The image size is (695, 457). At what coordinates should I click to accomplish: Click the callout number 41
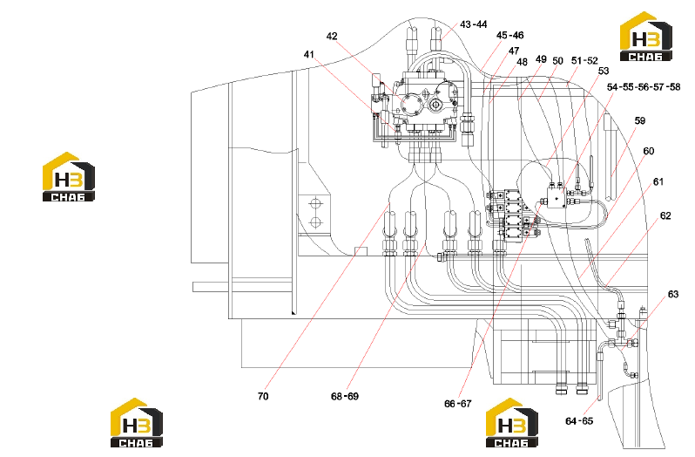tap(309, 55)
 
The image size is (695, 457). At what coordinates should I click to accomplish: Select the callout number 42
tap(332, 37)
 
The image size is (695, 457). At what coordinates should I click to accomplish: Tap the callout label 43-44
tap(474, 24)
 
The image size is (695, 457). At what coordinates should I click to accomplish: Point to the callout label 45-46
tap(509, 35)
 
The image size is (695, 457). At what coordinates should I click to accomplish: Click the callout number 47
tap(514, 51)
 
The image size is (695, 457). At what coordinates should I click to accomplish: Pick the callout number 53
tap(604, 71)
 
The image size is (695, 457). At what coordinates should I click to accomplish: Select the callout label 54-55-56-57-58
tap(643, 87)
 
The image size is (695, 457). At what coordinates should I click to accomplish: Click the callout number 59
tap(639, 120)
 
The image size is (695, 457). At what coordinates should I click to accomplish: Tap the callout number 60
tap(649, 151)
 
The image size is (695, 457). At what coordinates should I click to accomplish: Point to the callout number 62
tap(665, 215)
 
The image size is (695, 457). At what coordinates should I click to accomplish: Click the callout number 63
tap(673, 294)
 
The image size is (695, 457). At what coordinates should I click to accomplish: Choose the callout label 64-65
tap(579, 421)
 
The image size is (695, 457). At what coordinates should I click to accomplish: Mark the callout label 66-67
tap(458, 404)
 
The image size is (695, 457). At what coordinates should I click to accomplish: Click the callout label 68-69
tap(344, 396)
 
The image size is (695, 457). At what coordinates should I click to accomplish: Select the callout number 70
tap(263, 396)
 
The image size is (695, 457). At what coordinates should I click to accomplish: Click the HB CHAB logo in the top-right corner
tap(646, 37)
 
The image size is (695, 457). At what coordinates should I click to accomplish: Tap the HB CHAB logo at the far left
tap(69, 176)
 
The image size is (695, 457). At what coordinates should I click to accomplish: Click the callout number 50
tap(557, 61)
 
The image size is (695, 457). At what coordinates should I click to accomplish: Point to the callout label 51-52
tap(584, 61)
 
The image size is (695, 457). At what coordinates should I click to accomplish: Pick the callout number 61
tap(658, 182)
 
